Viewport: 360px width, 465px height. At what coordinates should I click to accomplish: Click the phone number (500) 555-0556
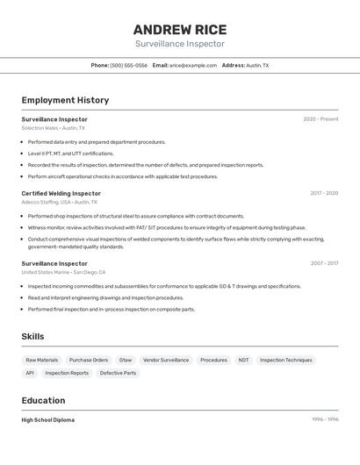[x=128, y=66]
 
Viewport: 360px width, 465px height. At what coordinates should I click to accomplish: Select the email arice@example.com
[x=192, y=66]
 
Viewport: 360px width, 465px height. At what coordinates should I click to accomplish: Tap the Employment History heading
[x=65, y=101]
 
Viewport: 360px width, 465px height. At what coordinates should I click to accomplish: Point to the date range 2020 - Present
[x=320, y=119]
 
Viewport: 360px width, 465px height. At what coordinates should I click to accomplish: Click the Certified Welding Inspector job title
[x=61, y=193]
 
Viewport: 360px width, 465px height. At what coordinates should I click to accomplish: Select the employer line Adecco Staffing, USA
[x=59, y=202]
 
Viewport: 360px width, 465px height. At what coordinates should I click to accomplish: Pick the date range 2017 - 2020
[x=324, y=193]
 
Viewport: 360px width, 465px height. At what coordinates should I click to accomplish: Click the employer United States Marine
[x=63, y=272]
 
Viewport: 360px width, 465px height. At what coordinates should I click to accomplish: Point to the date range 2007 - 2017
[x=324, y=263]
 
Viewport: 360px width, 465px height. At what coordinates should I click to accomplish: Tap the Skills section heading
[x=32, y=337]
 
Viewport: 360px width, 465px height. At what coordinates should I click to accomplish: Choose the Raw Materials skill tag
[x=42, y=360]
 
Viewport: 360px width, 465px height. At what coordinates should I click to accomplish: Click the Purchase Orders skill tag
[x=89, y=360]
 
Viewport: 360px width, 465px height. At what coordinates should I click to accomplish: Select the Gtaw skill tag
[x=126, y=360]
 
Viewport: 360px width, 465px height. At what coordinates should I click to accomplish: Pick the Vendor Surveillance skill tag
[x=166, y=360]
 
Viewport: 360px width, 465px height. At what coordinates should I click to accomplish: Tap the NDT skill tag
[x=243, y=360]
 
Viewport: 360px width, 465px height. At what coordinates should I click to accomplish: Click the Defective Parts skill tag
[x=118, y=373]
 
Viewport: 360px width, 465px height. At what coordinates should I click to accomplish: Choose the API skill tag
[x=30, y=373]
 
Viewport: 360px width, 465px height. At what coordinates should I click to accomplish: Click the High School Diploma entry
[x=48, y=420]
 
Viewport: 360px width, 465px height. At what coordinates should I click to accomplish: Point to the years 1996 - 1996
[x=325, y=420]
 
